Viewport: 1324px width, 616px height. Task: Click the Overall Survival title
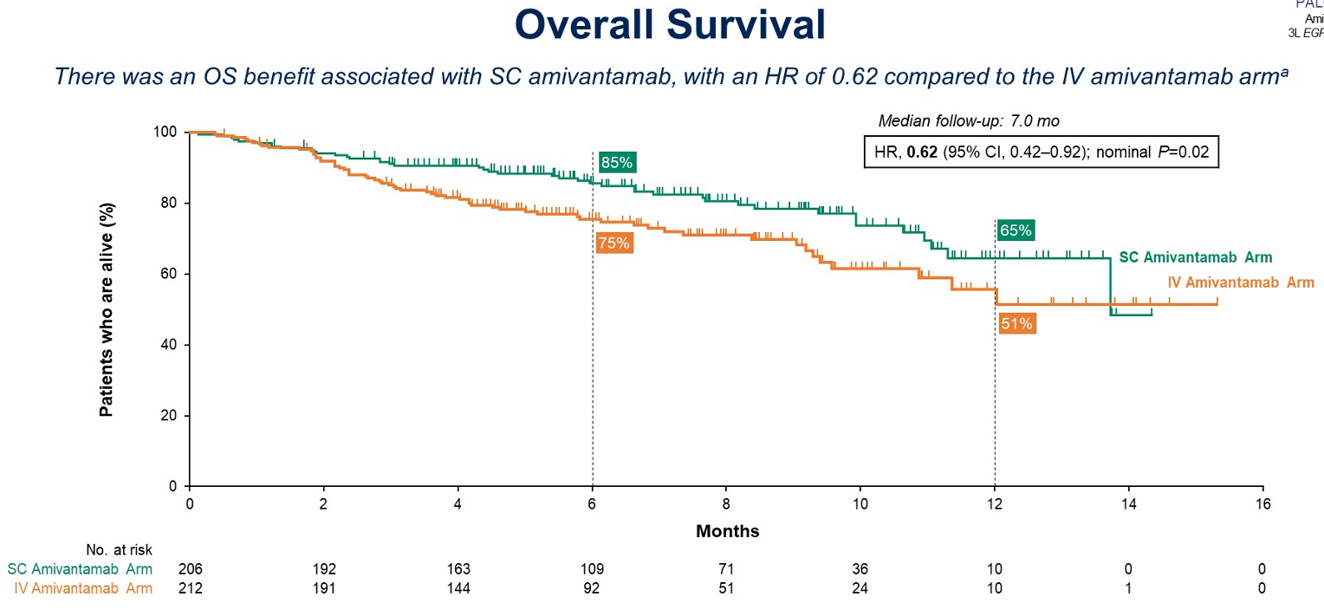pyautogui.click(x=670, y=25)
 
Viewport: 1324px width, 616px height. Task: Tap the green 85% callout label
pyautogui.click(x=617, y=162)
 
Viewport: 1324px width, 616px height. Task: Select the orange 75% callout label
pyautogui.click(x=613, y=243)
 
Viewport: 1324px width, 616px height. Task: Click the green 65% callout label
pyautogui.click(x=1016, y=230)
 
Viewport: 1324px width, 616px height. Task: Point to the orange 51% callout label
pyautogui.click(x=1016, y=323)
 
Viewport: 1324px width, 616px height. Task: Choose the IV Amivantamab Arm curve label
pyautogui.click(x=1241, y=282)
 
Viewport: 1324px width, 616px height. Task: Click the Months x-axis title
pyautogui.click(x=727, y=531)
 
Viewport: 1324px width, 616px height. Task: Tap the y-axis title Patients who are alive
pyautogui.click(x=107, y=309)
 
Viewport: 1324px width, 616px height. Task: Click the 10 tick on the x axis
pyautogui.click(x=860, y=503)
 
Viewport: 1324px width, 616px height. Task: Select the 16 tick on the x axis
pyautogui.click(x=1262, y=503)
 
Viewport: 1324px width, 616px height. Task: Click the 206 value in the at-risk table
pyautogui.click(x=190, y=569)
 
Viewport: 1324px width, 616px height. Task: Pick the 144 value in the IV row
pyautogui.click(x=458, y=589)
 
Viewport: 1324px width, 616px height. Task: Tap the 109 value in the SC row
pyautogui.click(x=593, y=569)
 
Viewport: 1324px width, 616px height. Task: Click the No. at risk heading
pyautogui.click(x=118, y=549)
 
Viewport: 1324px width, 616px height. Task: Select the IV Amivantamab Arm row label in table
pyautogui.click(x=84, y=589)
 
